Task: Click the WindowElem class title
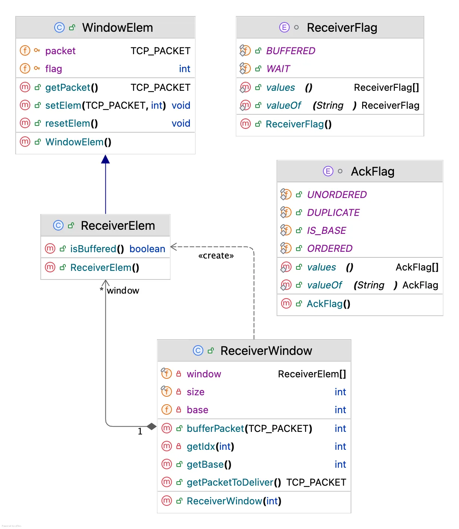(x=117, y=28)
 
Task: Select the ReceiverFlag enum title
(x=342, y=28)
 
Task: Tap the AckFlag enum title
(x=372, y=171)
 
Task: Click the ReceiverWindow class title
(x=266, y=351)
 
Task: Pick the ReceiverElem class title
(x=118, y=226)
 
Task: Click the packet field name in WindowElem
(x=60, y=51)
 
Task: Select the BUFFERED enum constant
(x=290, y=51)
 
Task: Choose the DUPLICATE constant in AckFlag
(x=333, y=213)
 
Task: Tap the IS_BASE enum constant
(x=326, y=231)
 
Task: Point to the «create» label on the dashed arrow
(x=216, y=256)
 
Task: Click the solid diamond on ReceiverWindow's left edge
(x=151, y=426)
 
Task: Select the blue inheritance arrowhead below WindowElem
(x=105, y=160)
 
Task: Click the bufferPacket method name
(x=215, y=429)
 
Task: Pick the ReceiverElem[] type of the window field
(x=312, y=374)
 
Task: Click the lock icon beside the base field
(x=179, y=410)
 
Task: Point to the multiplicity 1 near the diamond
(x=140, y=431)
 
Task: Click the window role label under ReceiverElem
(x=123, y=291)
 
